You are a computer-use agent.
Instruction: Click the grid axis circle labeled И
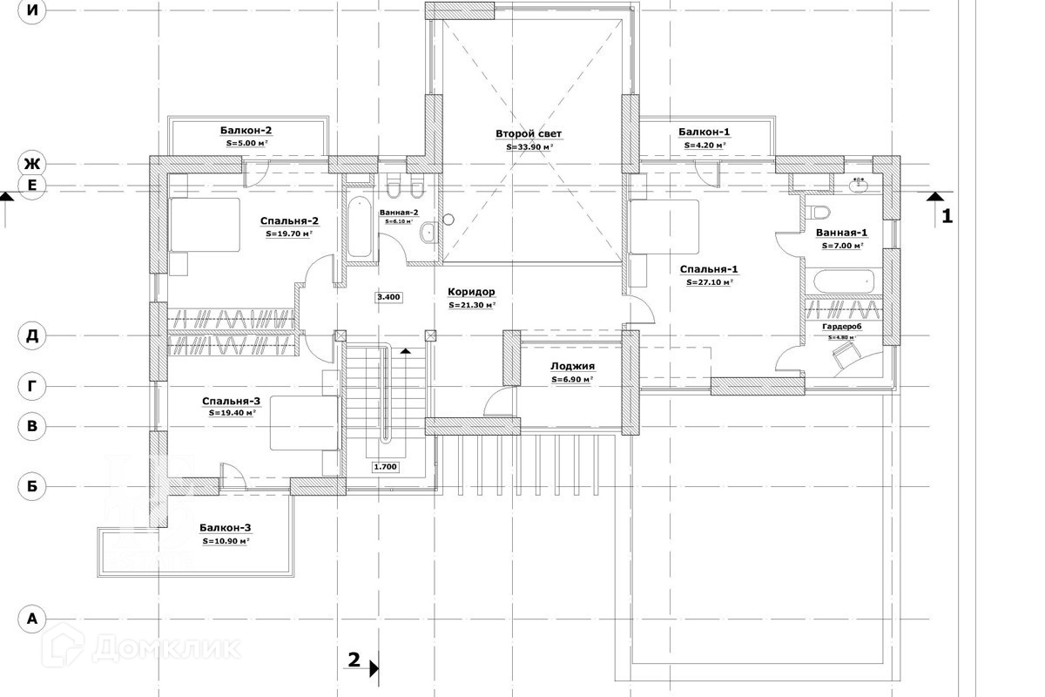[x=32, y=11]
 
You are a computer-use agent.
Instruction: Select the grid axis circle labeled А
[x=32, y=619]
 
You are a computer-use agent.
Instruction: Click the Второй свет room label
[x=529, y=134]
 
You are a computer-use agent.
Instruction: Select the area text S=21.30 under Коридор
[x=472, y=306]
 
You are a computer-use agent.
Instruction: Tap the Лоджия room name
[x=572, y=367]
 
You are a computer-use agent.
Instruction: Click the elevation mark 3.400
[x=388, y=297]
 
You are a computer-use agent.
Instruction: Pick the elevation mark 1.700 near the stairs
[x=385, y=467]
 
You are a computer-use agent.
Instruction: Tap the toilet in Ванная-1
[x=819, y=212]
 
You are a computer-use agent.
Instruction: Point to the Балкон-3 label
[x=225, y=527]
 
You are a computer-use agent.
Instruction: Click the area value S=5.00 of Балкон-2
[x=246, y=143]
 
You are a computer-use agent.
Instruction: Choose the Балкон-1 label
[x=704, y=132]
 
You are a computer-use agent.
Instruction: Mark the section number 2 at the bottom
[x=354, y=660]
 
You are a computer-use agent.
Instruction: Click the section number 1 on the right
[x=947, y=215]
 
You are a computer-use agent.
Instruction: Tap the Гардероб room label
[x=841, y=326]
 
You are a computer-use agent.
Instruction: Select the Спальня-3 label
[x=231, y=401]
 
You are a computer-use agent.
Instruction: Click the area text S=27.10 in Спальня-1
[x=709, y=282]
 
